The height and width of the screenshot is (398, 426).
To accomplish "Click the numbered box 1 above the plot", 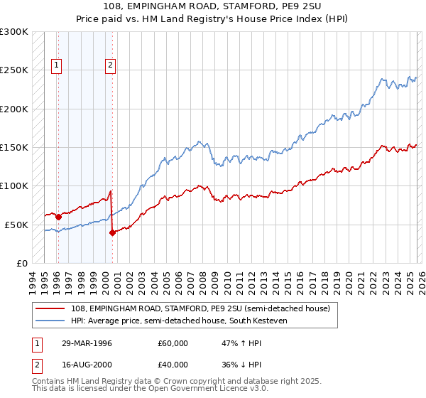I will pos(57,65).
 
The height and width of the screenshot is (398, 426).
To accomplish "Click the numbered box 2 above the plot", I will pos(111,65).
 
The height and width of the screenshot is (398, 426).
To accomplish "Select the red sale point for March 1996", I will pos(58,217).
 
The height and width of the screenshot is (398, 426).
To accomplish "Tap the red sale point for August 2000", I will pos(112,232).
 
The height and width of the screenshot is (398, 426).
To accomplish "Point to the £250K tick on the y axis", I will pos(14,70).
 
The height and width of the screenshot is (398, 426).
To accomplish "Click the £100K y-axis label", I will pos(14,185).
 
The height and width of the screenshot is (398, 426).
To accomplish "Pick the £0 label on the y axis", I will pos(21,263).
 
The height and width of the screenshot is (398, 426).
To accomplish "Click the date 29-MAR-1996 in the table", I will pos(88,343).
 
